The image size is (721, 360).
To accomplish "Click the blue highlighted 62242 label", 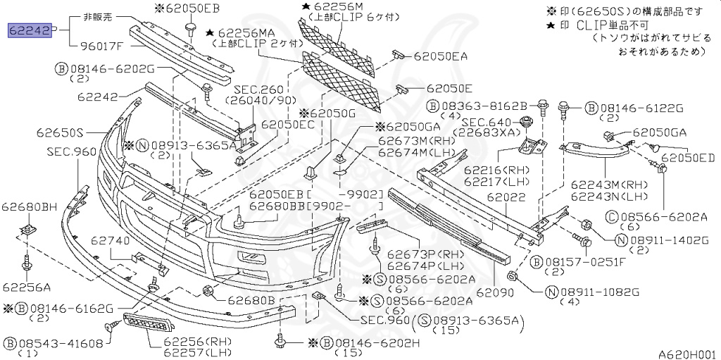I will tap(29, 30).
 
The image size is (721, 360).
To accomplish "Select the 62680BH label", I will tap(29, 206).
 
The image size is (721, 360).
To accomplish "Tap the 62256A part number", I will tap(26, 287).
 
